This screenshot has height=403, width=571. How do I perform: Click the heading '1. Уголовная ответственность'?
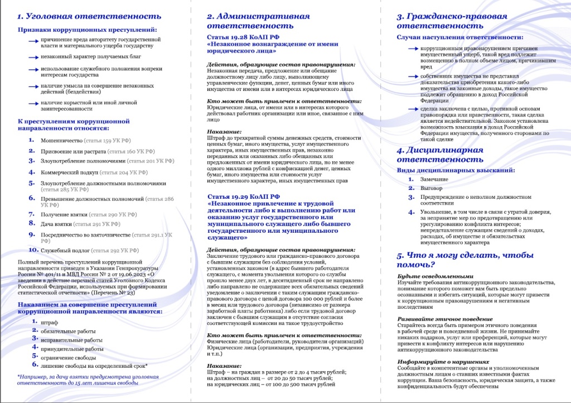(89, 16)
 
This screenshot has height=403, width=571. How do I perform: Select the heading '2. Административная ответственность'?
(258, 21)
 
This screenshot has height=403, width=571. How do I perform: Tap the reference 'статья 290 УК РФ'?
(113, 214)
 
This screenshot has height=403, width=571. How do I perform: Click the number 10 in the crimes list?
(33, 250)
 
